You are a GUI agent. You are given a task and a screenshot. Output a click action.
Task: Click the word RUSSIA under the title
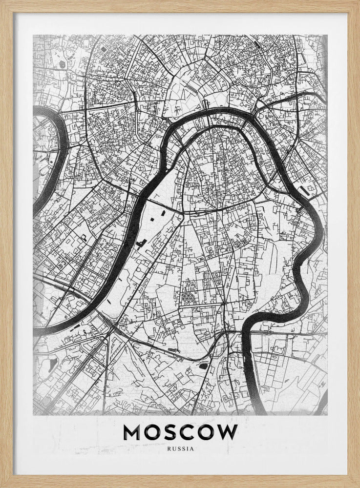180,448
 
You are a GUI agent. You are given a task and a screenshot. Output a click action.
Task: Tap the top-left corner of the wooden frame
2,2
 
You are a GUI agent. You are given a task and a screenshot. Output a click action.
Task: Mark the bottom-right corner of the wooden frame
358,486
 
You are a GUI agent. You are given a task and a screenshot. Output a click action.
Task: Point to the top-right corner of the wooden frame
358,2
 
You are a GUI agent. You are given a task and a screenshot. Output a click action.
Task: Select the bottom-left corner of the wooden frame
2,486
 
